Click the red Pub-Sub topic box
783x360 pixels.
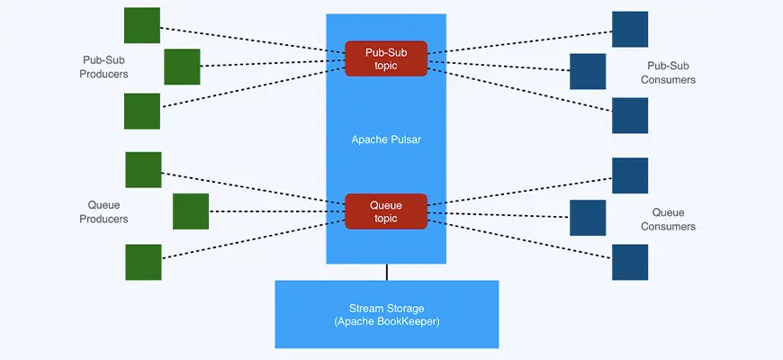pos(386,58)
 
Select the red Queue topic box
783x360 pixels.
pos(386,211)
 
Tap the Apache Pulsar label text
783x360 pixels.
pos(386,140)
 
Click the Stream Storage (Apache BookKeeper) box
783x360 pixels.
pos(386,314)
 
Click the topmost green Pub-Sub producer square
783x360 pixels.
pos(142,25)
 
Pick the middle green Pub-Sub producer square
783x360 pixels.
pos(182,67)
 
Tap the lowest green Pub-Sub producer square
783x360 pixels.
pos(142,111)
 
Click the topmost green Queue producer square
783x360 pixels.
pos(143,169)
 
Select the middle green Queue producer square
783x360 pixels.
pos(190,211)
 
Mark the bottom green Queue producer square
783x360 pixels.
pos(143,262)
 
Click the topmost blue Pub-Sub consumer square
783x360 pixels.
pos(630,29)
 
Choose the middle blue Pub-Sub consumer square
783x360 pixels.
pos(588,71)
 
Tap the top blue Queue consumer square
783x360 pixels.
pos(630,175)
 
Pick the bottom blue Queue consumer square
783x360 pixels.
pos(630,262)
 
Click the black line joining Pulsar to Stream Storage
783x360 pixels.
pos(387,272)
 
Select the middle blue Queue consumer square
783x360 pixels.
pos(588,218)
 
